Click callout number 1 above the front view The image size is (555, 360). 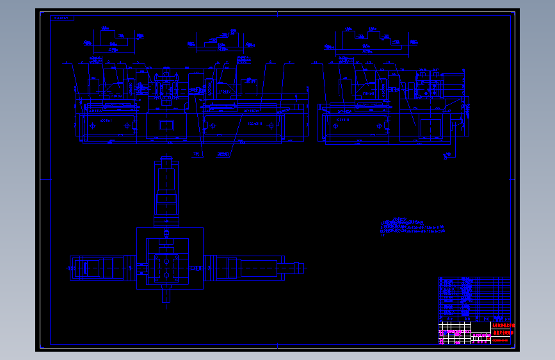coord(65,63)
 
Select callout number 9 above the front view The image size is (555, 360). coord(289,63)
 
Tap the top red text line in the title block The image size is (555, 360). coord(503,326)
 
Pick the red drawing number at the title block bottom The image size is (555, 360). coord(500,340)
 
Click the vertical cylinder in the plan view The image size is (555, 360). coord(166,193)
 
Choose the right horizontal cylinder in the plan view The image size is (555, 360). coord(246,267)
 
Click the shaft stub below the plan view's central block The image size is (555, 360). coord(166,295)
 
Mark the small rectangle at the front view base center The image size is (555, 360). coord(166,125)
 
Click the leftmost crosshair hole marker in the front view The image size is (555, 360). coord(92,127)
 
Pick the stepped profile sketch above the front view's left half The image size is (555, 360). coord(115,40)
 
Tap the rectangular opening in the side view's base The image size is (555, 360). coord(430,127)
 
